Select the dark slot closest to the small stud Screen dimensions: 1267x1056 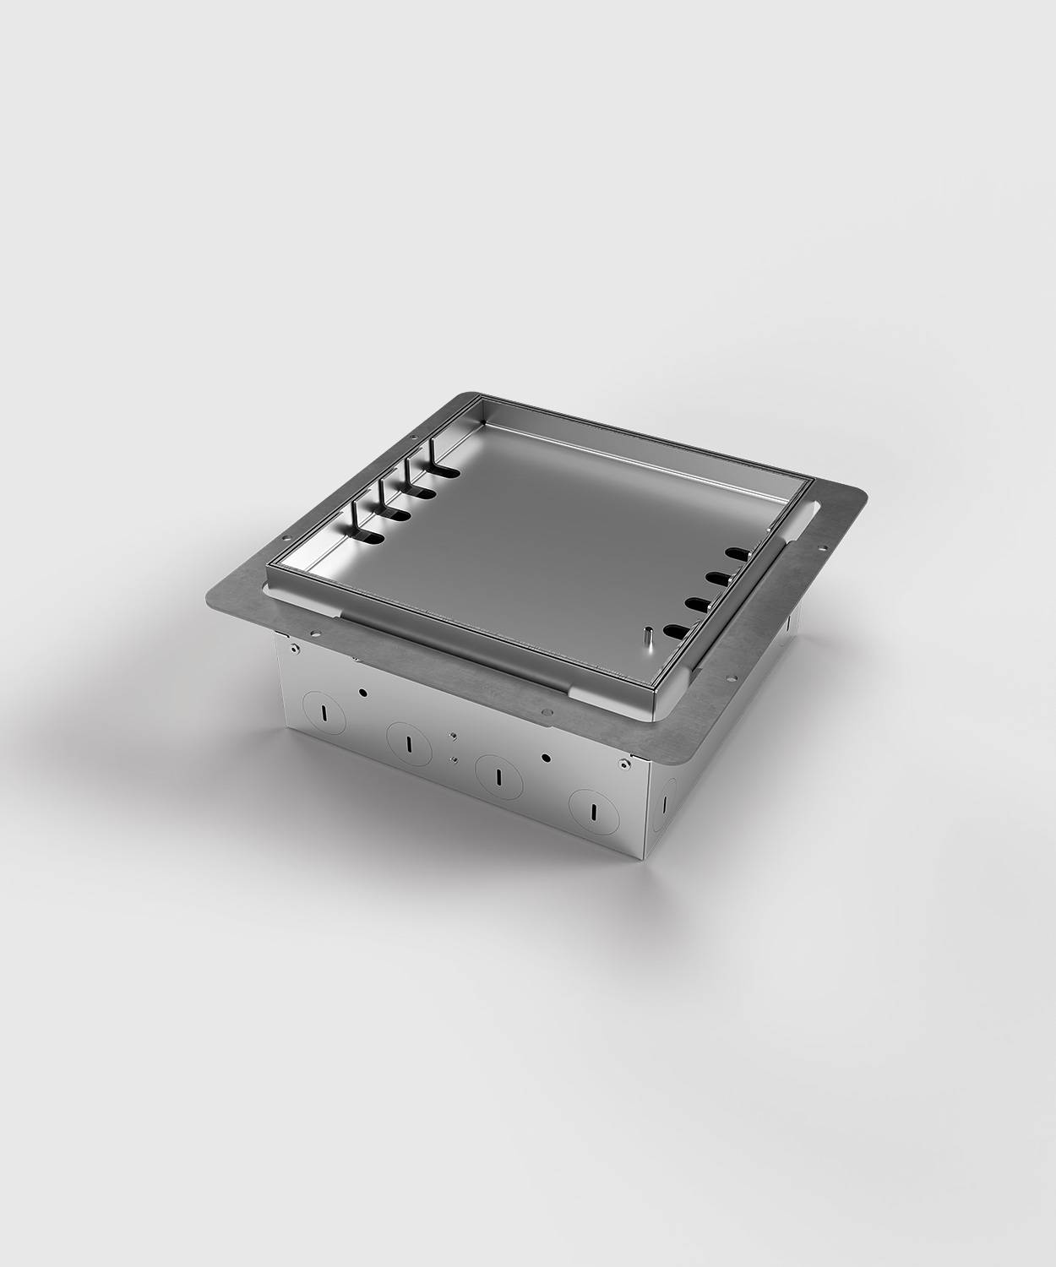(683, 629)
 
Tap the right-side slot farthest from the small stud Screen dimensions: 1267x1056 (738, 553)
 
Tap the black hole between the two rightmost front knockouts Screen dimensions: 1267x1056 (545, 757)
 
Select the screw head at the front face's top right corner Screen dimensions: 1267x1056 (623, 765)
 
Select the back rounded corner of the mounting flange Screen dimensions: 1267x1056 (461, 394)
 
